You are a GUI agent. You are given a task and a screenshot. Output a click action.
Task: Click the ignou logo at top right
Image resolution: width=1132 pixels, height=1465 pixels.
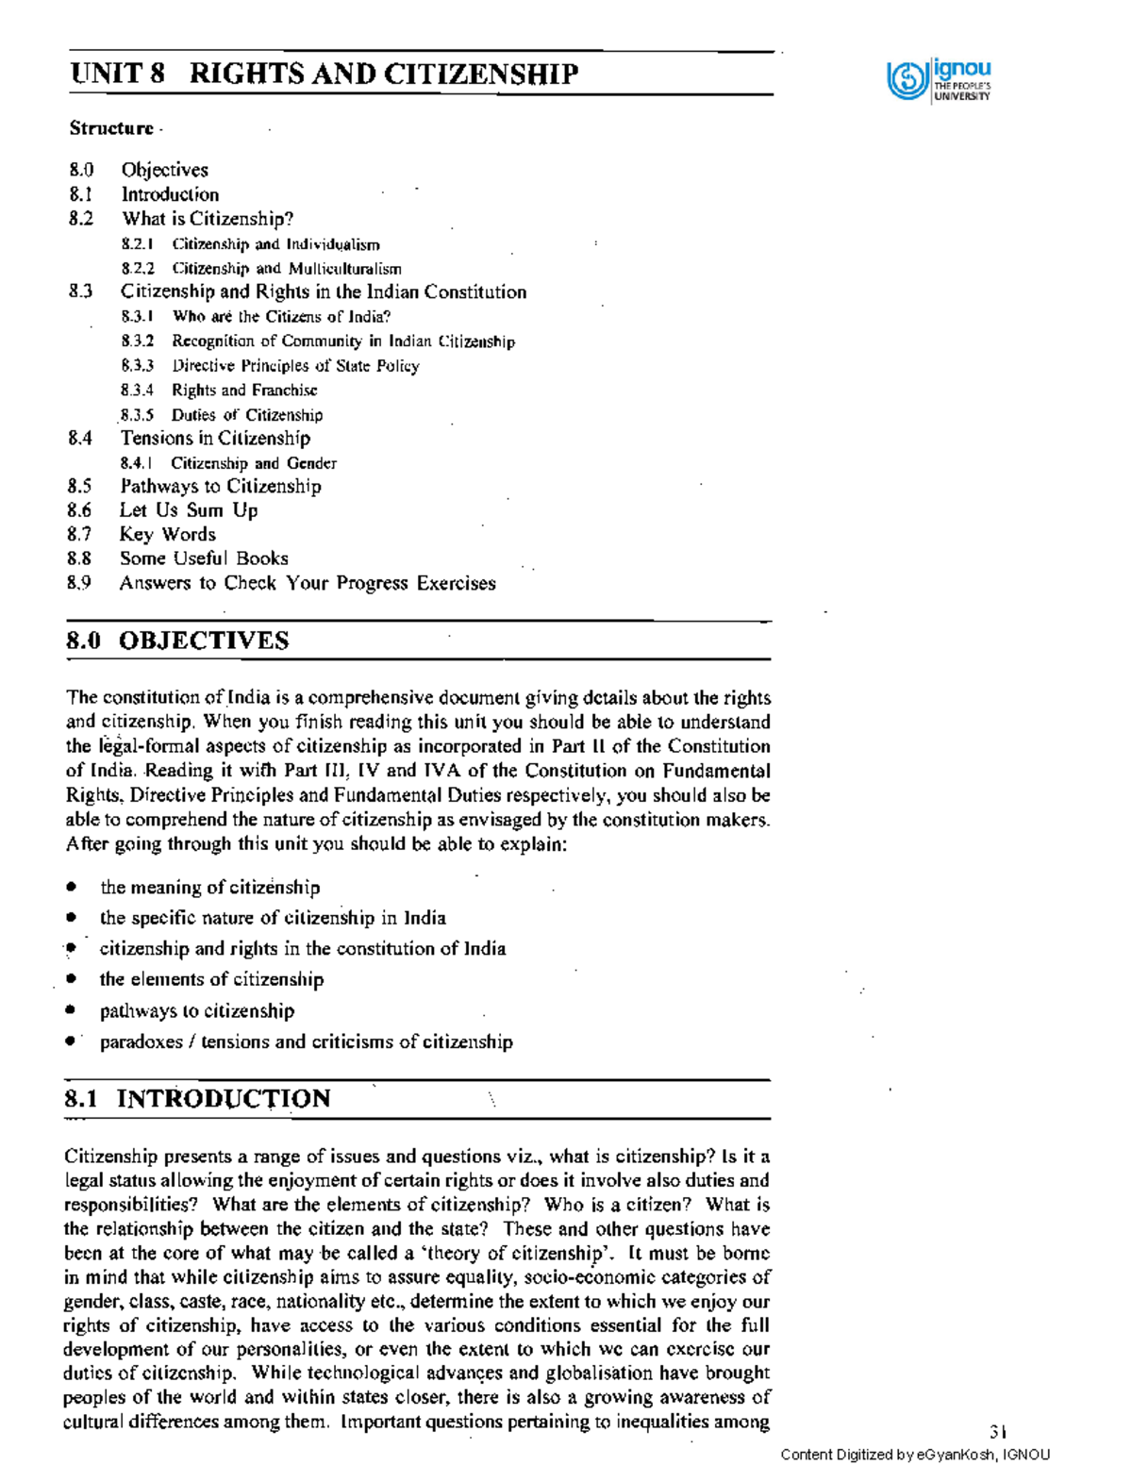click(x=939, y=80)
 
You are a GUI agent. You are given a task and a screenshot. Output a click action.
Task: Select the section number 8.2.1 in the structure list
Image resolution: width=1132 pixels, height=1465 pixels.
click(x=138, y=244)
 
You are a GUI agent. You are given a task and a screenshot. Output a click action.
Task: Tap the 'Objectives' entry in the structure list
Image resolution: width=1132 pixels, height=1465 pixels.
click(x=164, y=170)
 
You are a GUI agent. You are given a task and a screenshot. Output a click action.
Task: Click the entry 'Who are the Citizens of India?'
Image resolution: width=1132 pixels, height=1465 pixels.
click(x=281, y=317)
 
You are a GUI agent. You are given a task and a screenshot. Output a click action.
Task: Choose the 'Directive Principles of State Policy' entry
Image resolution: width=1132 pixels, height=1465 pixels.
click(x=295, y=366)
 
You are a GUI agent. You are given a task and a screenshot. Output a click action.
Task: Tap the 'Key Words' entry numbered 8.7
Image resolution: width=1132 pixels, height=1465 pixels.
click(x=167, y=534)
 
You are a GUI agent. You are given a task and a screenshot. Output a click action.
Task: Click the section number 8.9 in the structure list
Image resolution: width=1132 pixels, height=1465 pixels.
click(x=79, y=583)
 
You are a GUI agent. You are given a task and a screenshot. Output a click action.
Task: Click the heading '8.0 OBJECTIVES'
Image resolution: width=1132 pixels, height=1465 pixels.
click(x=177, y=641)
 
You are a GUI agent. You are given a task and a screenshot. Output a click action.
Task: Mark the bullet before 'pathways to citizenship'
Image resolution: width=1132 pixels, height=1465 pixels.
click(x=70, y=1010)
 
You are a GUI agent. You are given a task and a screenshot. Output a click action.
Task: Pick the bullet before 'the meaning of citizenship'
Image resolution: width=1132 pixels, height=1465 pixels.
click(x=71, y=887)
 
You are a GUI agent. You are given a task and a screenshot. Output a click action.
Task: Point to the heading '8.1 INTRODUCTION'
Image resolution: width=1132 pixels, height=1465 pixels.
click(x=197, y=1099)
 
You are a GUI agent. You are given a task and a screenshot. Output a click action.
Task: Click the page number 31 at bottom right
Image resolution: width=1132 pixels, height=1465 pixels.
click(x=999, y=1431)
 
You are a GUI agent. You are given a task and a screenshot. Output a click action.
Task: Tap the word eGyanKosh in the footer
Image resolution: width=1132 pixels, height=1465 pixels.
click(x=956, y=1455)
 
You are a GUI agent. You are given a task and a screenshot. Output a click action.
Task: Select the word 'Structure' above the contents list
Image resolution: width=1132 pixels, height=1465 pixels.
click(x=111, y=128)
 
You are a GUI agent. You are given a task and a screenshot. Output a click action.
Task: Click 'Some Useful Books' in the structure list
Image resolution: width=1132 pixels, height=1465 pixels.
click(x=204, y=558)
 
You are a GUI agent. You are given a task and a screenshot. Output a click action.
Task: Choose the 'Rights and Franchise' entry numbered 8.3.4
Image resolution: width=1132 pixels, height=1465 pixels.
click(x=244, y=391)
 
